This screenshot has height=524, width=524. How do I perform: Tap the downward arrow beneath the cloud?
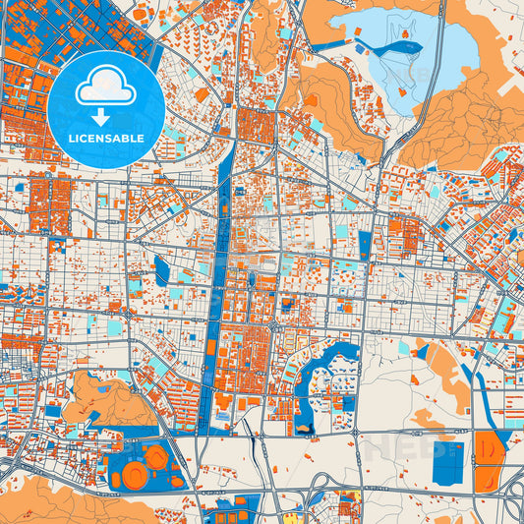coord(106,117)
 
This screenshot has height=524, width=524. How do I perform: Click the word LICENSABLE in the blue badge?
coord(106,139)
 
